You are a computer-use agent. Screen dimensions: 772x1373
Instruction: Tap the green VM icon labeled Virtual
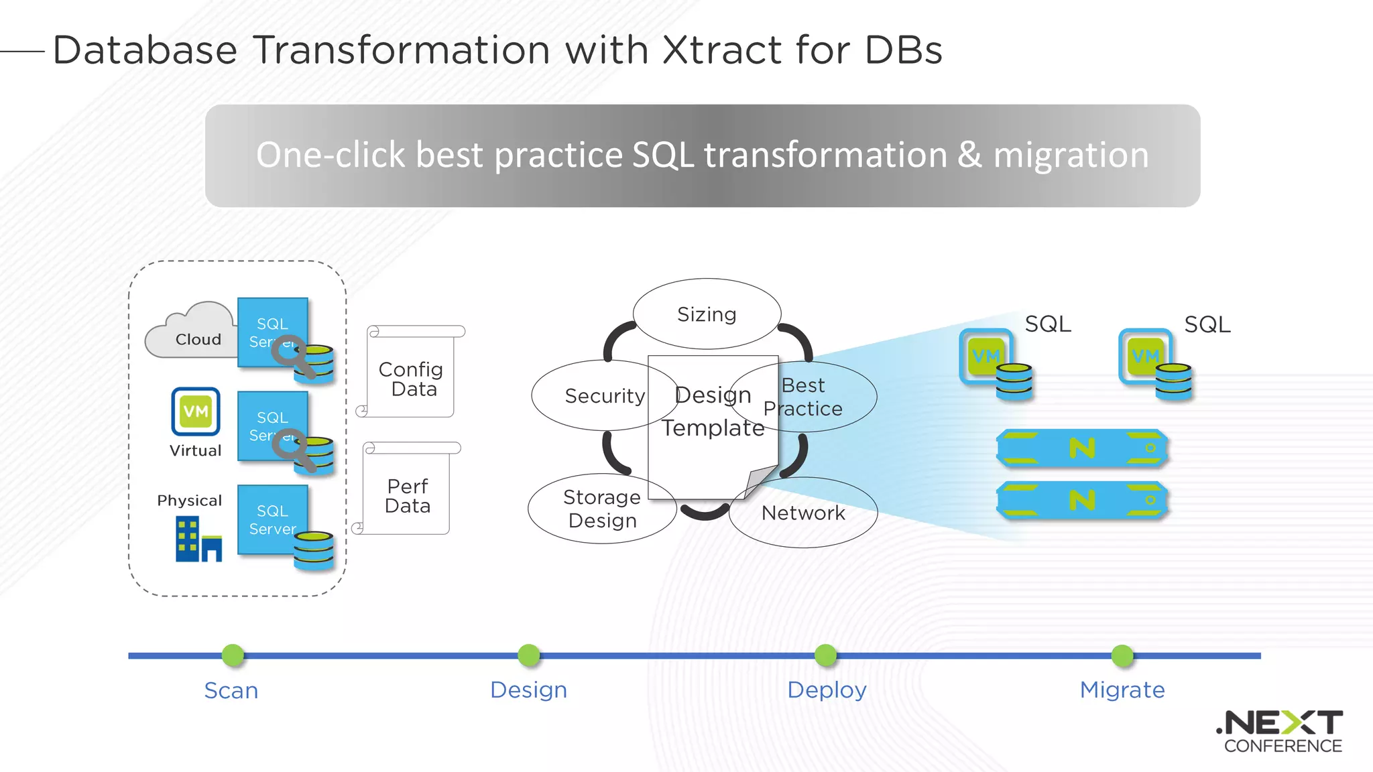click(x=195, y=411)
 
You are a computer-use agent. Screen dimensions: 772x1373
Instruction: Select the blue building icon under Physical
click(x=198, y=539)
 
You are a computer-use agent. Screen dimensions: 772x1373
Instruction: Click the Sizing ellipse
click(x=707, y=314)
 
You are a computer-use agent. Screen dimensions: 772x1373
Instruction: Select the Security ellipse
click(x=590, y=395)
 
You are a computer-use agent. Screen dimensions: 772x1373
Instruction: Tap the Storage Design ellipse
click(x=601, y=509)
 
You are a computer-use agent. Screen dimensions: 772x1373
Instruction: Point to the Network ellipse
click(x=803, y=513)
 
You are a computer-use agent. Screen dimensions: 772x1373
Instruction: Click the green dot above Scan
click(x=233, y=655)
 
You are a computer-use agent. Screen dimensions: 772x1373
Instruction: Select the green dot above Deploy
click(x=825, y=655)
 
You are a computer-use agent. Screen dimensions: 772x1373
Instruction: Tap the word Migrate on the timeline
click(x=1122, y=690)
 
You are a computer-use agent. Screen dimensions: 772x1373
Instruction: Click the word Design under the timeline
click(x=528, y=690)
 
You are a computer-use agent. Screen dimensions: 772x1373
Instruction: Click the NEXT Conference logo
click(x=1280, y=731)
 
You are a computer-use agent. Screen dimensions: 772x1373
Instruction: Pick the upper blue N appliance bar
click(x=1082, y=448)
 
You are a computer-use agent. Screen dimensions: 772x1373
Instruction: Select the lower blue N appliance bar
click(x=1082, y=500)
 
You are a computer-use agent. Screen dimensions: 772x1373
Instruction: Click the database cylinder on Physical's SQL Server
click(x=314, y=550)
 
